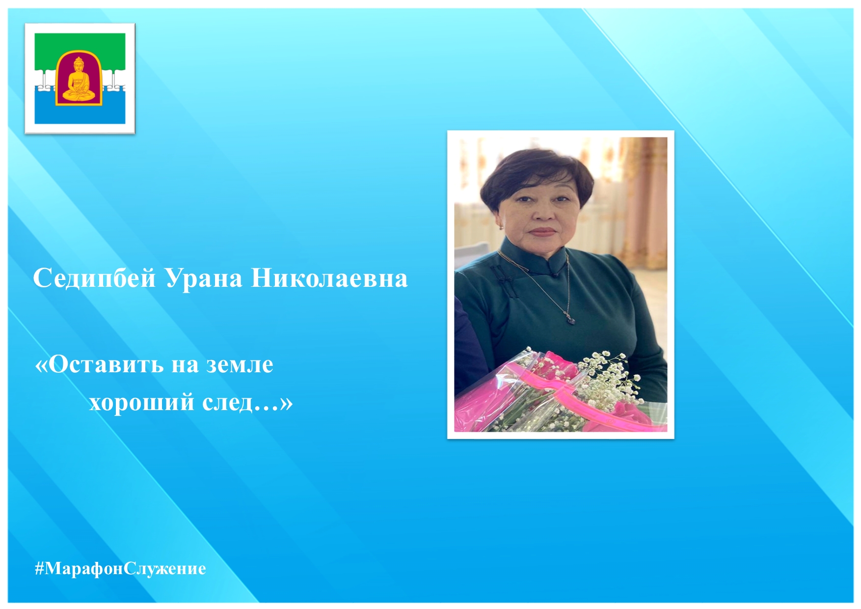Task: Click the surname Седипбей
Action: pos(94,278)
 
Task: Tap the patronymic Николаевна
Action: pos(329,278)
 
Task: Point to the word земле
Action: pos(240,364)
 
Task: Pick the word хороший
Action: pos(142,403)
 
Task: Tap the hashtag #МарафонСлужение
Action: pos(120,568)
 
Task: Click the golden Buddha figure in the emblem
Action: pos(79,79)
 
